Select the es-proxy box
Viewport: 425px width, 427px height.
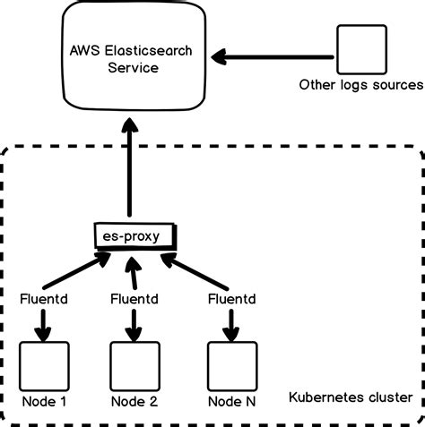(133, 236)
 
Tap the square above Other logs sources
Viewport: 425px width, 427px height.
(360, 50)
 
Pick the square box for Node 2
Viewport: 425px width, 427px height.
(134, 363)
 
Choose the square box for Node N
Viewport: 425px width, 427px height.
(231, 363)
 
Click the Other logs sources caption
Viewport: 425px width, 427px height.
(360, 85)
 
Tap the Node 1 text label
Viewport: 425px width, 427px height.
(42, 401)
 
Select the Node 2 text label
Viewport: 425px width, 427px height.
(134, 401)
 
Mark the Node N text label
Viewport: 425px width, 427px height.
(231, 401)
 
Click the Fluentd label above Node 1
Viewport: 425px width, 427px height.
(42, 297)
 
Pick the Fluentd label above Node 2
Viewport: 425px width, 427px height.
(134, 297)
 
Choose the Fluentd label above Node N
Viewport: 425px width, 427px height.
(231, 297)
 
